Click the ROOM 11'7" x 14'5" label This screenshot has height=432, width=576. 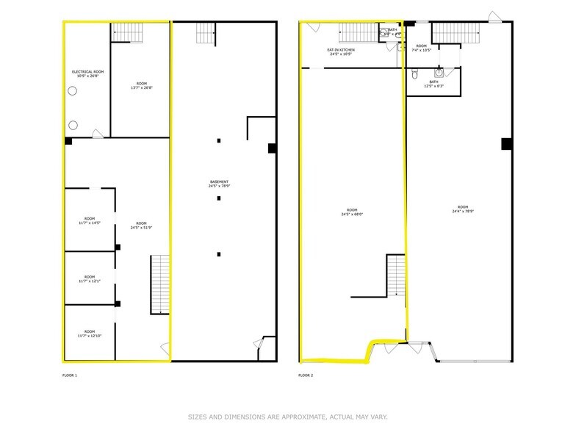89,220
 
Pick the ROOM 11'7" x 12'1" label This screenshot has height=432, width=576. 89,279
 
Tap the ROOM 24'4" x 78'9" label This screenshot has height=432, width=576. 461,209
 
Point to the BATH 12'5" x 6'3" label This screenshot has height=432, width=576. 433,84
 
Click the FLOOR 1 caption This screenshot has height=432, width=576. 70,375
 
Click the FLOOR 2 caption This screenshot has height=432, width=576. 306,375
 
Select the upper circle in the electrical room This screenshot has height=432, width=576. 73,91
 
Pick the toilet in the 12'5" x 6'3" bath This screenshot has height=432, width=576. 415,73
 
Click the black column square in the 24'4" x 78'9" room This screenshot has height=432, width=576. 506,144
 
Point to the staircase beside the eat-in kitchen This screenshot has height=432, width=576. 358,33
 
